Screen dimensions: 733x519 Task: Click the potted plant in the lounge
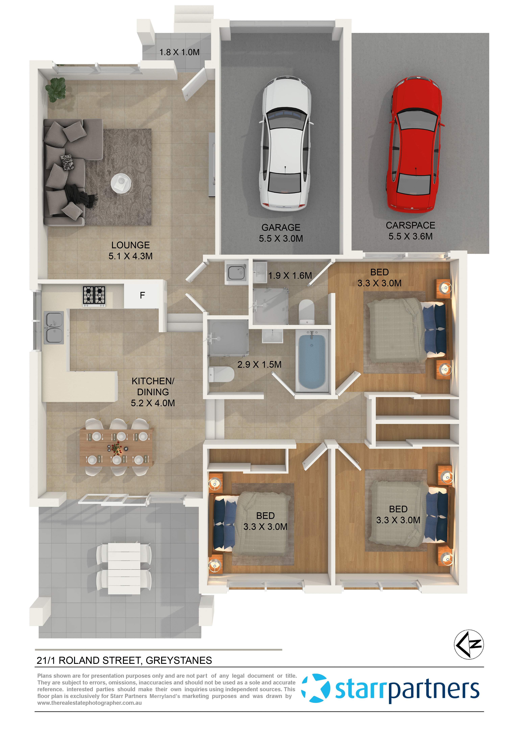pyautogui.click(x=56, y=89)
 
